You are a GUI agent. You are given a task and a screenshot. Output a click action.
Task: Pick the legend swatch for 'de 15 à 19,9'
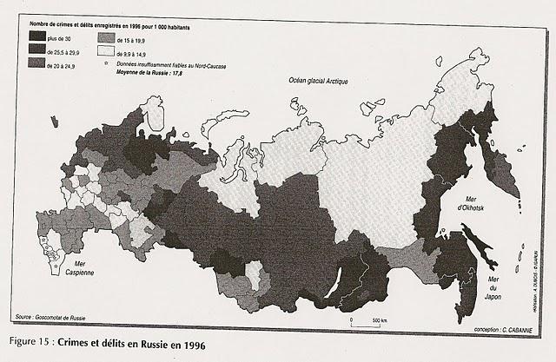(107, 38)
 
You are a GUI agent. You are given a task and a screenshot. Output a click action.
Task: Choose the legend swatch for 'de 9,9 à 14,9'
(107, 51)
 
